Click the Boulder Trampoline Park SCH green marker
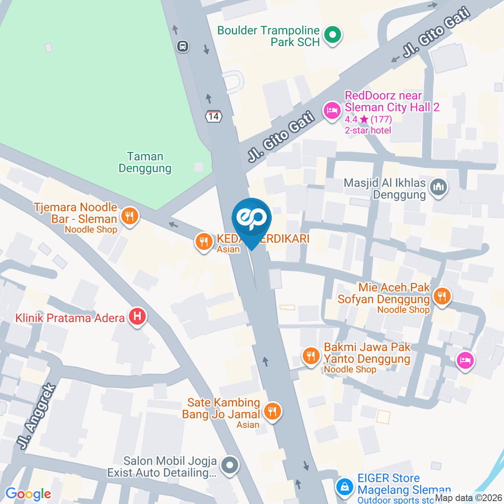[x=332, y=36]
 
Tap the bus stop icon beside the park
[x=183, y=46]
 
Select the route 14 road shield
[x=213, y=117]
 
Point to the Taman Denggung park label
[x=145, y=162]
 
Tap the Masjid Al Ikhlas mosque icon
[x=438, y=186]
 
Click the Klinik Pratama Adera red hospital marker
[x=138, y=317]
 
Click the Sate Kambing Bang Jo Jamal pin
[x=272, y=411]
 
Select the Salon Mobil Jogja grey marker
[x=229, y=465]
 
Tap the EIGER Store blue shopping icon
[x=345, y=486]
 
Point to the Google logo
[x=28, y=493]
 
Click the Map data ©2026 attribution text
[x=468, y=498]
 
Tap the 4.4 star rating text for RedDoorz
[x=368, y=119]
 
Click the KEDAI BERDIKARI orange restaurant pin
[x=203, y=241]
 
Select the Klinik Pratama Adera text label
[x=70, y=318]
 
